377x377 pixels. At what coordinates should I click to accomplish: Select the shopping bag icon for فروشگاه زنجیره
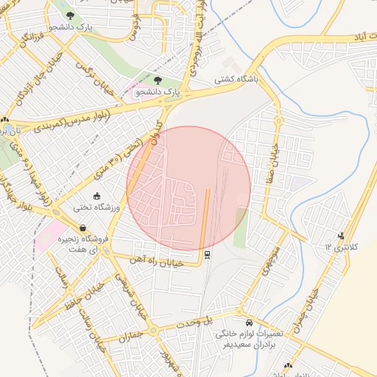click(x=82, y=228)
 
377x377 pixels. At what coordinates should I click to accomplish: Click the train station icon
click(x=208, y=256)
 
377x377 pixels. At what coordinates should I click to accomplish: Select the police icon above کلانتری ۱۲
click(x=340, y=236)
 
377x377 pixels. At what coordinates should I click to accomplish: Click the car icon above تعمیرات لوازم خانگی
click(x=249, y=323)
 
